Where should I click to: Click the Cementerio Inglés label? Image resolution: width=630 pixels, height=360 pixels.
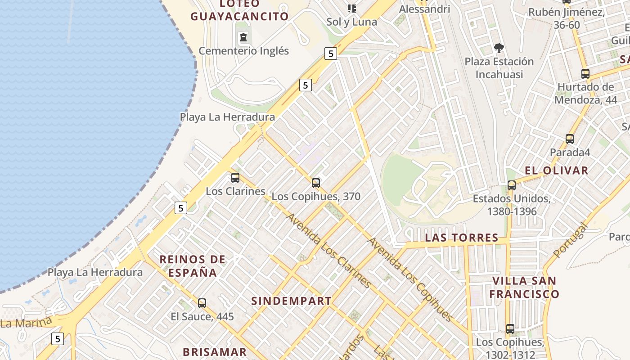[x=243, y=51]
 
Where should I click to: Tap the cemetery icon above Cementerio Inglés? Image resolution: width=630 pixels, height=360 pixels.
[x=243, y=37]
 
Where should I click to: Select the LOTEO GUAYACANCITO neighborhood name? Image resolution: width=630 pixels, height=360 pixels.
[x=239, y=10]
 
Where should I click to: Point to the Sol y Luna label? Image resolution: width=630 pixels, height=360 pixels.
[x=351, y=22]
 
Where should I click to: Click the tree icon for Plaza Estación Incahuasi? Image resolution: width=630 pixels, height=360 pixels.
[x=499, y=48]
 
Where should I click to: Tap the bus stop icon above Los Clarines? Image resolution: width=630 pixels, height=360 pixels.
[x=235, y=178]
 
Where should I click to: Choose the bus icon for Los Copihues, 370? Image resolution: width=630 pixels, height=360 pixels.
[x=316, y=183]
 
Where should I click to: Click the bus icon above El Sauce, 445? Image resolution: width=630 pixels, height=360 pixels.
[x=202, y=303]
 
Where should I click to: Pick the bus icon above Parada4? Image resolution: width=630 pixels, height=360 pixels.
[x=570, y=139]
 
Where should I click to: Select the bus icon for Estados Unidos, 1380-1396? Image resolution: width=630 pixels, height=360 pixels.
[x=511, y=185]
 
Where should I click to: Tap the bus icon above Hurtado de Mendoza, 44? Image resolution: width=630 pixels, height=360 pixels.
[x=585, y=73]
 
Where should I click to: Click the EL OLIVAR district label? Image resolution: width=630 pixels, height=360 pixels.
[x=556, y=171]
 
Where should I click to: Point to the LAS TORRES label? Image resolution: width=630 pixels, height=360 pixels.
[x=462, y=238]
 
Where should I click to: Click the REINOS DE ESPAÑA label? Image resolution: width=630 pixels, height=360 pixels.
[x=193, y=266]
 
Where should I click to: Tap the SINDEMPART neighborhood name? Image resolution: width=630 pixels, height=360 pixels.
[x=291, y=301]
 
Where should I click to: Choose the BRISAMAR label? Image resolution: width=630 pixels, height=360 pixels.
[x=215, y=352]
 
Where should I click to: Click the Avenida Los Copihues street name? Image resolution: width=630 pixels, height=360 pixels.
[x=410, y=279]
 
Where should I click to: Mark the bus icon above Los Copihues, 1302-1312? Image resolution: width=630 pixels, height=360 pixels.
[x=510, y=329]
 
